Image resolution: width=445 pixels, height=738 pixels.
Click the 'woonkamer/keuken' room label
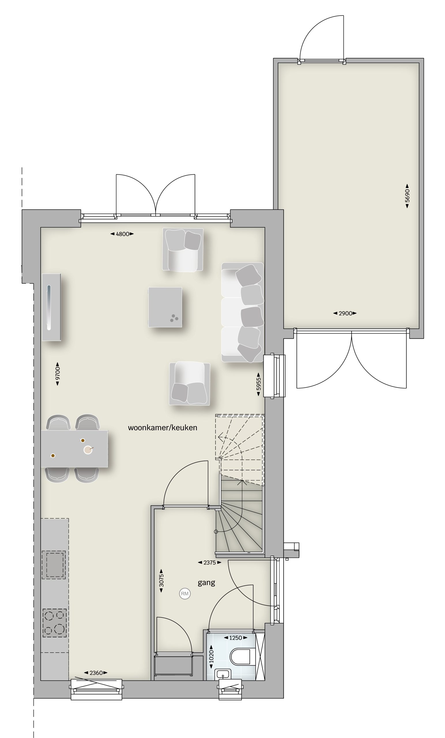pyautogui.click(x=162, y=428)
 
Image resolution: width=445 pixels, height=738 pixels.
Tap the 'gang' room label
pyautogui.click(x=206, y=583)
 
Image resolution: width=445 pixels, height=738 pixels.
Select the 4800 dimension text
pyautogui.click(x=122, y=234)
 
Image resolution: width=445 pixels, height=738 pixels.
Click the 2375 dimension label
pyautogui.click(x=210, y=562)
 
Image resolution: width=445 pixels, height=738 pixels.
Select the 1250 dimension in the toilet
pyautogui.click(x=235, y=638)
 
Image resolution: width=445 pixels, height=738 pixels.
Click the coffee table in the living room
pyautogui.click(x=165, y=307)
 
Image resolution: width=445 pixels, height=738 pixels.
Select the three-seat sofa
pyautogui.click(x=243, y=312)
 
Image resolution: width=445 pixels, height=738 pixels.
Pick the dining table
pyautogui.click(x=74, y=448)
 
